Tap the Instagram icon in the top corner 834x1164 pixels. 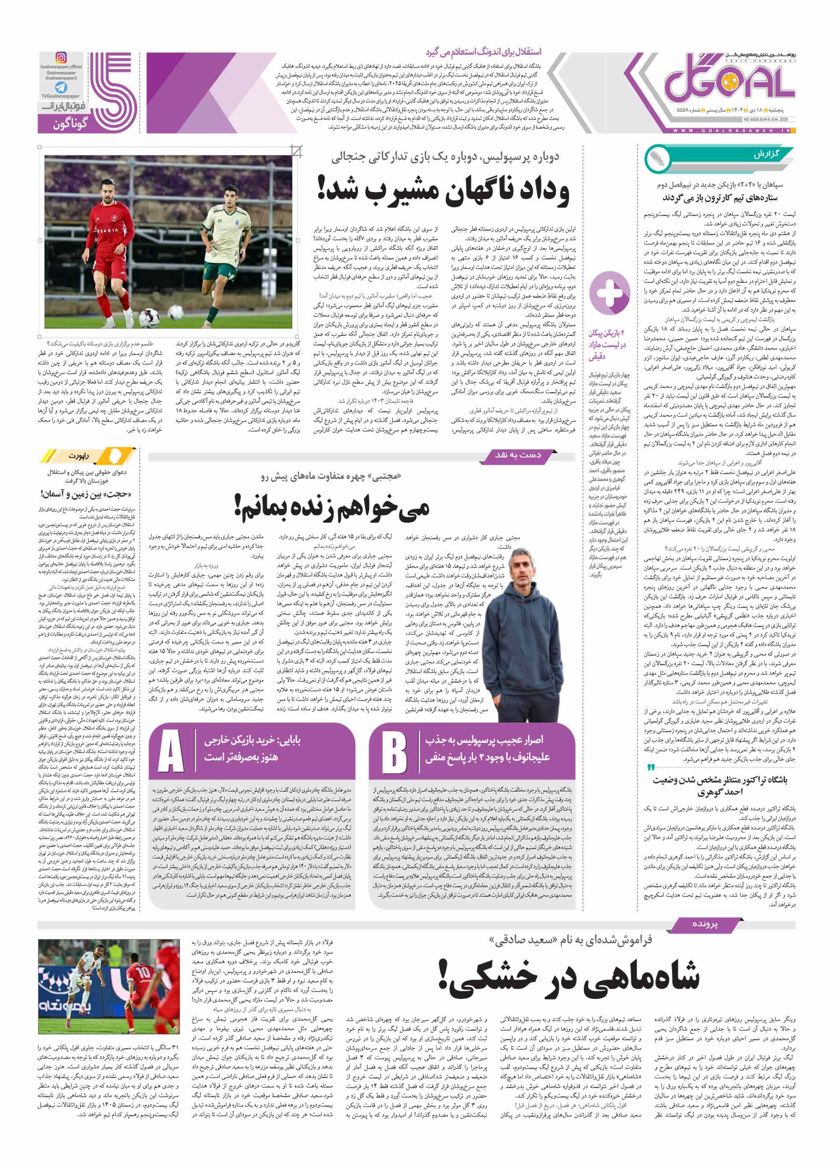pyautogui.click(x=61, y=58)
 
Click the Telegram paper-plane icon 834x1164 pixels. pyautogui.click(x=61, y=87)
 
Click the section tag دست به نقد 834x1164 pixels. pyautogui.click(x=518, y=455)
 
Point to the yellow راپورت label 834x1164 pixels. pyautogui.click(x=79, y=456)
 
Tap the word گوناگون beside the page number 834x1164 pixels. pyautogui.click(x=70, y=124)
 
